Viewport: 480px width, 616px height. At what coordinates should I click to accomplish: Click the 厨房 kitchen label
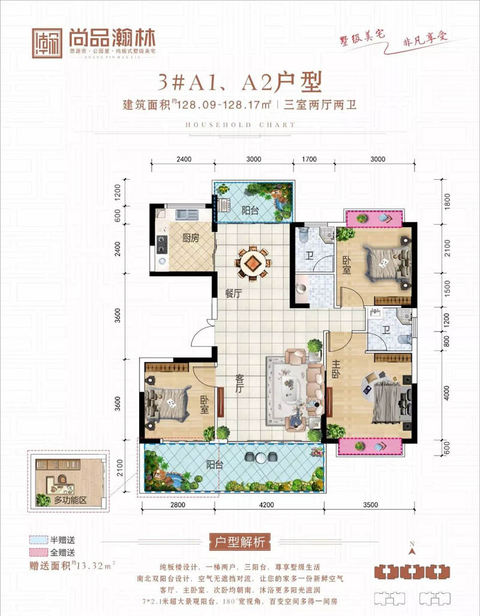[x=190, y=237]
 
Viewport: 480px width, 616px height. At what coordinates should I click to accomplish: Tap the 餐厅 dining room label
[x=233, y=293]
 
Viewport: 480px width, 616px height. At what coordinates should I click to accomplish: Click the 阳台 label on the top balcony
[x=250, y=210]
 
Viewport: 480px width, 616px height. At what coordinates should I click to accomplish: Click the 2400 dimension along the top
[x=184, y=159]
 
